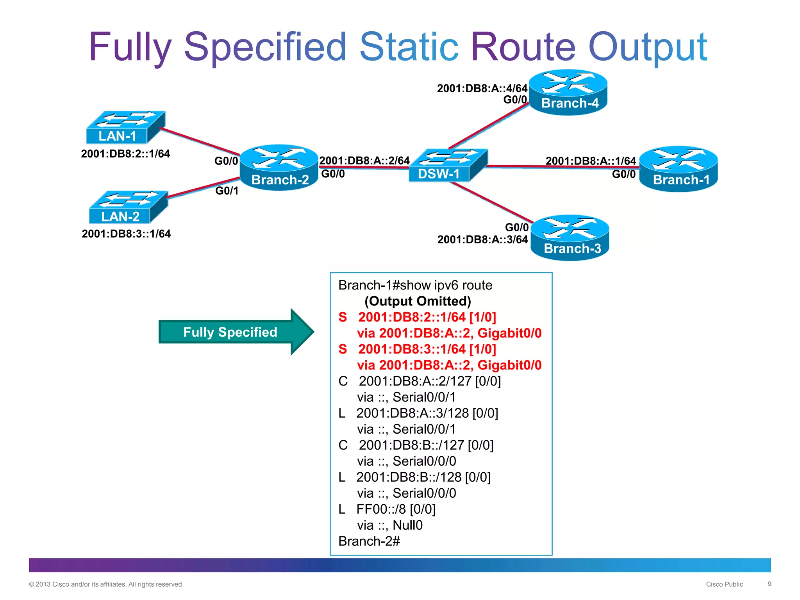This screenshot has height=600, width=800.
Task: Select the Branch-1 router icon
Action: click(679, 169)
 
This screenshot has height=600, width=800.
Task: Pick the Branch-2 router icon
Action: click(279, 168)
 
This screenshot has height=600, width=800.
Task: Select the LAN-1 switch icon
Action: click(125, 127)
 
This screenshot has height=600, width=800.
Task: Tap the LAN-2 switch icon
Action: click(128, 207)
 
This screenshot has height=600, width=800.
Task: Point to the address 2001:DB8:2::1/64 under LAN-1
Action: click(125, 154)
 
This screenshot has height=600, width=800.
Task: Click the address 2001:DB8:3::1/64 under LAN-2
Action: click(126, 234)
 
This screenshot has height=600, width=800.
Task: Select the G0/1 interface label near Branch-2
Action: click(227, 191)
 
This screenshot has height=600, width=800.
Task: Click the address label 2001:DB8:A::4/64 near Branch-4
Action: click(482, 88)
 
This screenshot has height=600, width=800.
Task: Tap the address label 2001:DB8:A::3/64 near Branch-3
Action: click(482, 239)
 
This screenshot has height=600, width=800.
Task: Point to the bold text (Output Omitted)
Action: click(418, 301)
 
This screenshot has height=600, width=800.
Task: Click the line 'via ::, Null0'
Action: click(389, 525)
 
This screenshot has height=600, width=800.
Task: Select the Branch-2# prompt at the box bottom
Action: click(369, 541)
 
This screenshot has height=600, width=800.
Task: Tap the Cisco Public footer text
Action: click(724, 584)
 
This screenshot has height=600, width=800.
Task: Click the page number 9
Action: click(770, 584)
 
